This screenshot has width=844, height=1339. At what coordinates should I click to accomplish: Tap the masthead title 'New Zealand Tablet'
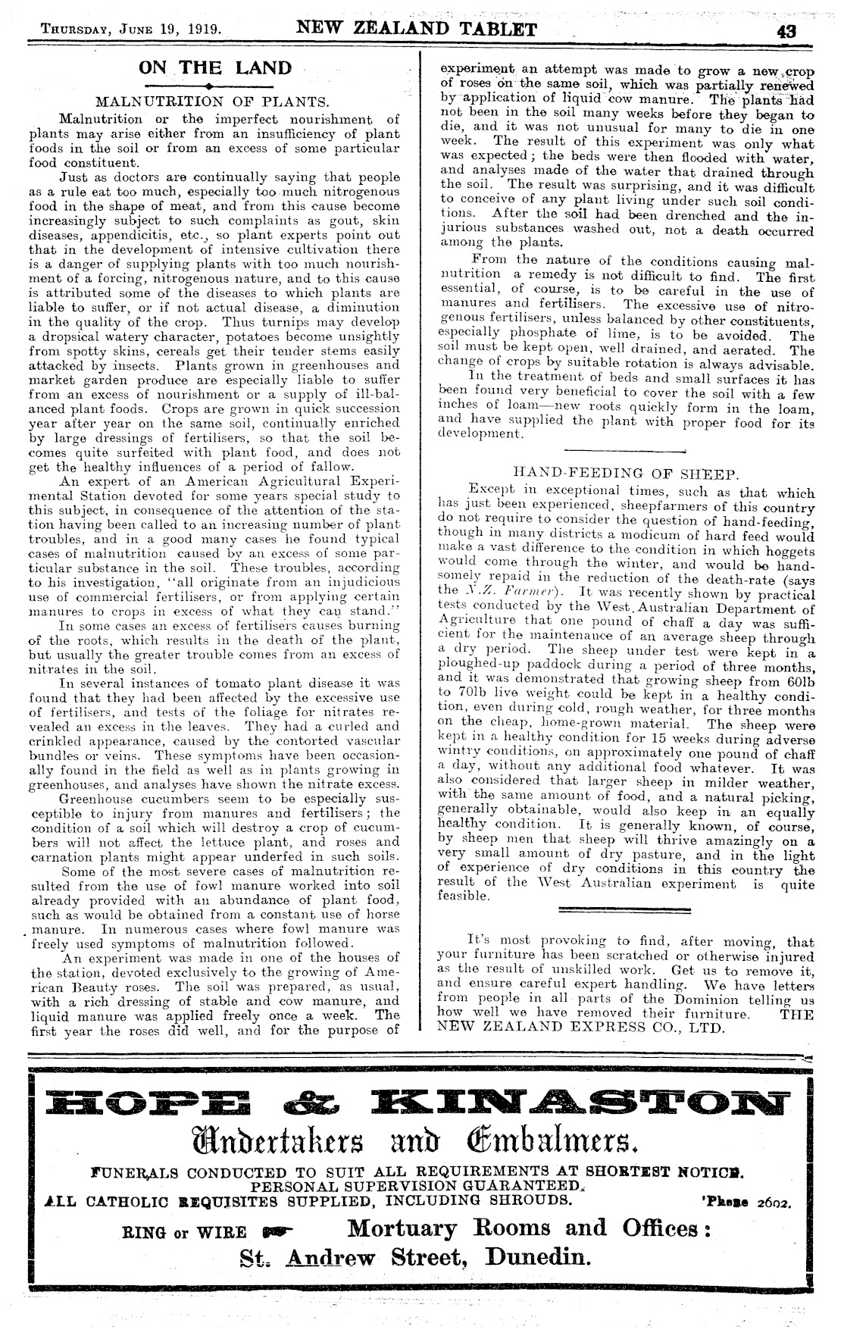click(x=417, y=30)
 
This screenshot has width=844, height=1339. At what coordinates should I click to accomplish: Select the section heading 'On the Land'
click(x=215, y=67)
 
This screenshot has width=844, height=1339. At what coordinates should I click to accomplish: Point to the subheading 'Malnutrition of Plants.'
click(x=211, y=102)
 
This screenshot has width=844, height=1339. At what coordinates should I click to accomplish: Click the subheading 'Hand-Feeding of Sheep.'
click(x=625, y=474)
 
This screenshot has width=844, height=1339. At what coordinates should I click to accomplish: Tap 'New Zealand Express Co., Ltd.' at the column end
click(x=582, y=1028)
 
